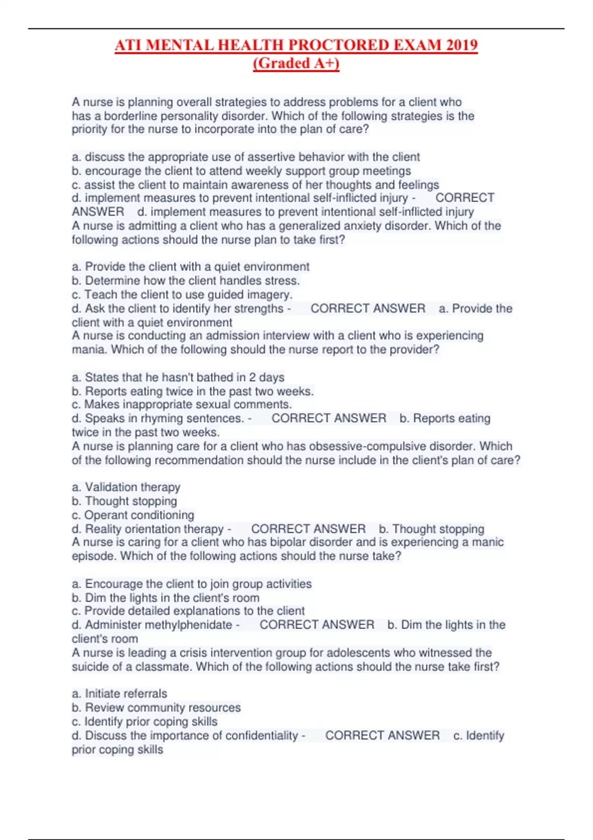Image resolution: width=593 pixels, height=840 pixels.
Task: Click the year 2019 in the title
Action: tap(462, 45)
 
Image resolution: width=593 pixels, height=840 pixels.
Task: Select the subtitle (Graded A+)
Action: tap(296, 63)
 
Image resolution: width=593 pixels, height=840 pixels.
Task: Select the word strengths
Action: tap(260, 308)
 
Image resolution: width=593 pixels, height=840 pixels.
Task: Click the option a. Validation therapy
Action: tap(126, 487)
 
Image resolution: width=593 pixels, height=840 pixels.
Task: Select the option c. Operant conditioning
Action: tap(133, 515)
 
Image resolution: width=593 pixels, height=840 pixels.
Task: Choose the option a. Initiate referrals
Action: tap(120, 694)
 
